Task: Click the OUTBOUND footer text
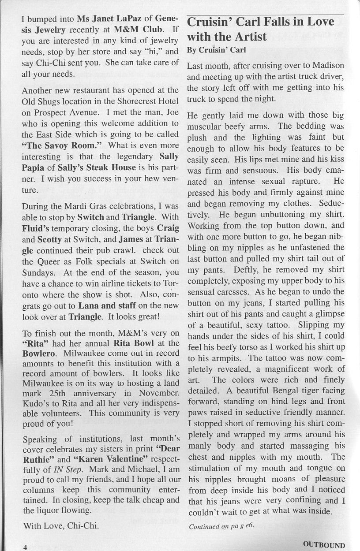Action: click(x=324, y=545)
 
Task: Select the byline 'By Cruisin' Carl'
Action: click(x=216, y=50)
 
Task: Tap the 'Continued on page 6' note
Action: click(x=221, y=526)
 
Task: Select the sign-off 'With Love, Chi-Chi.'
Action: click(x=61, y=525)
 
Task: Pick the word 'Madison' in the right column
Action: click(x=328, y=66)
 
